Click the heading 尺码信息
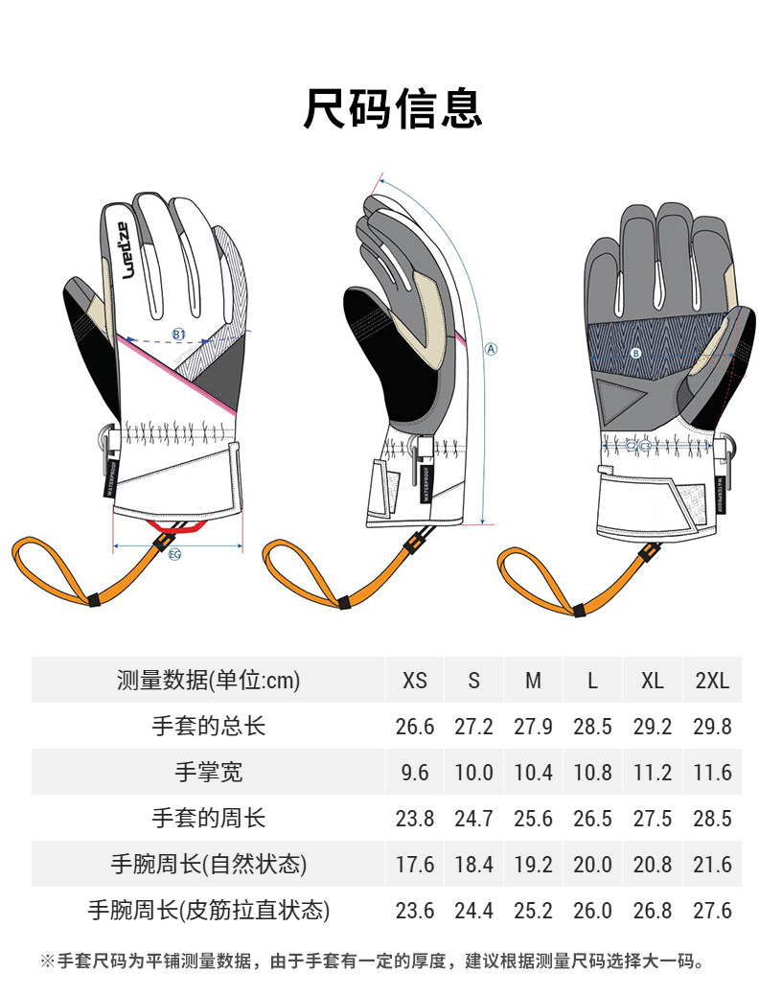pyautogui.click(x=391, y=107)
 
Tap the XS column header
pyautogui.click(x=415, y=681)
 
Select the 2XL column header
pyautogui.click(x=712, y=681)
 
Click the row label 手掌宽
pyautogui.click(x=209, y=773)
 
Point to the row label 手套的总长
pyautogui.click(x=209, y=727)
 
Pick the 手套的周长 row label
pyautogui.click(x=209, y=819)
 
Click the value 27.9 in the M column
pyautogui.click(x=533, y=727)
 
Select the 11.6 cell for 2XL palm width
pyautogui.click(x=712, y=773)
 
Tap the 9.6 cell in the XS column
pyautogui.click(x=415, y=773)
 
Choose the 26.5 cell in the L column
pyautogui.click(x=592, y=819)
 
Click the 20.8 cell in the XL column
pyautogui.click(x=652, y=865)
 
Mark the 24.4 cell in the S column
pyautogui.click(x=473, y=911)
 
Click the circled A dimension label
pyautogui.click(x=492, y=349)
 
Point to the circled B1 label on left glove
pyautogui.click(x=179, y=334)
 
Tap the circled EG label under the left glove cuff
pyautogui.click(x=174, y=554)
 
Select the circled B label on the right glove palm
pyautogui.click(x=635, y=353)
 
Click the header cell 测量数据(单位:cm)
pyautogui.click(x=209, y=681)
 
